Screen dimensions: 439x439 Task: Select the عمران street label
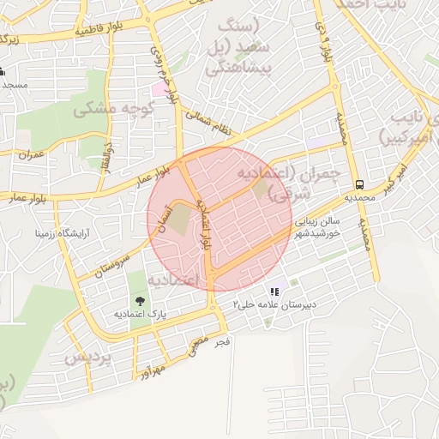click(31, 154)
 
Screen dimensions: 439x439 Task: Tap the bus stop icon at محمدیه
click(359, 184)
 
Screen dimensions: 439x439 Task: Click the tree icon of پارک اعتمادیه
click(140, 301)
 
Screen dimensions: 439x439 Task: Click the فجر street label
click(222, 342)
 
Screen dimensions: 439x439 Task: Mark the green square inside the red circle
click(260, 189)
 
